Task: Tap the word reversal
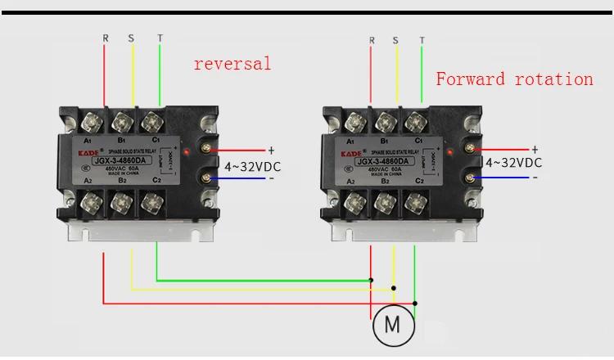click(232, 64)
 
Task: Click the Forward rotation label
click(514, 79)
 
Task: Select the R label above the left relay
click(105, 37)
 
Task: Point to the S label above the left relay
click(132, 37)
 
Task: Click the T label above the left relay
click(160, 37)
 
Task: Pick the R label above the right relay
click(372, 39)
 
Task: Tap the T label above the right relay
click(422, 39)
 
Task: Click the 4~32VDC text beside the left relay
click(252, 166)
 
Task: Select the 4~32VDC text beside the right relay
click(514, 163)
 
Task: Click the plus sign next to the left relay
click(271, 150)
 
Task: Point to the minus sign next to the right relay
click(535, 177)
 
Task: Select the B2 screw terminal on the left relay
click(123, 200)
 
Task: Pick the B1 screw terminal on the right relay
click(384, 123)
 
